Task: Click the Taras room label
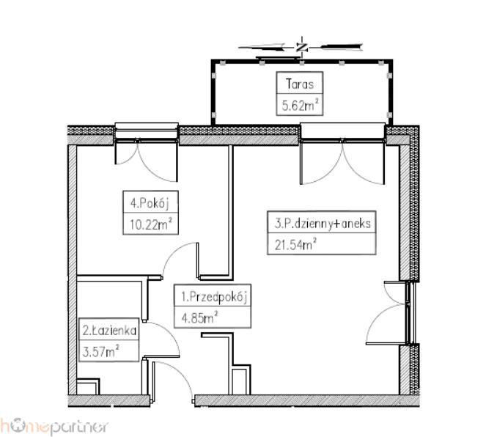(299, 84)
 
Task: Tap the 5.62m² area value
(300, 106)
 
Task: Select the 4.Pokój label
(150, 203)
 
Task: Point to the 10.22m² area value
(150, 224)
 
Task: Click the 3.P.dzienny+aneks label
(323, 224)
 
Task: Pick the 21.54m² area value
(295, 245)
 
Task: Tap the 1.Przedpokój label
(214, 297)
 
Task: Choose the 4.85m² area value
(200, 317)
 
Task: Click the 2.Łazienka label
(109, 331)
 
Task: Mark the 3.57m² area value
(100, 351)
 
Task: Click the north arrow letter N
(301, 48)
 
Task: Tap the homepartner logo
(54, 427)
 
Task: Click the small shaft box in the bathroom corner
(88, 386)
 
